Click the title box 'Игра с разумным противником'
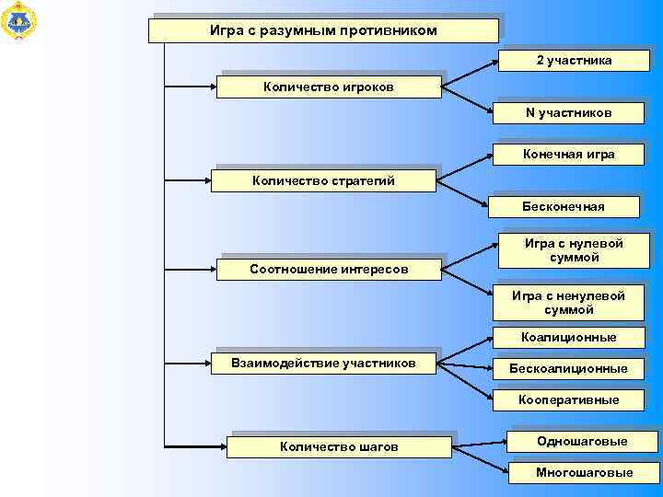coord(324,31)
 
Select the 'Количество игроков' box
coord(329,87)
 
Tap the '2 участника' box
coord(574,60)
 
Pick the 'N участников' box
coord(569,112)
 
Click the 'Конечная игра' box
coord(569,154)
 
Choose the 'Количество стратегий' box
coord(324,180)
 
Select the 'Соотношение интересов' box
coord(329,269)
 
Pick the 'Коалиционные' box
coord(568,338)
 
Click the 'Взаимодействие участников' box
coord(323,364)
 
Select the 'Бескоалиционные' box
coord(568,368)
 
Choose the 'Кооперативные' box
coord(568,400)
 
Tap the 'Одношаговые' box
coord(582,442)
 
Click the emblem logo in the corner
coord(19,20)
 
